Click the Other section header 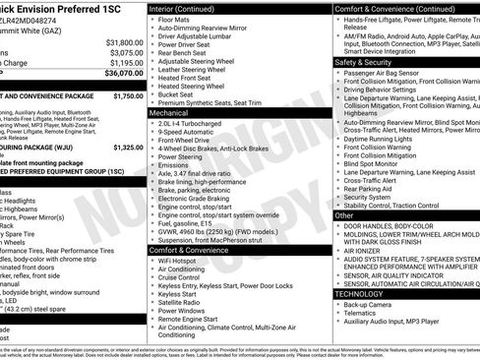coord(344,214)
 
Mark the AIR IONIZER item coord(369,251)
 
